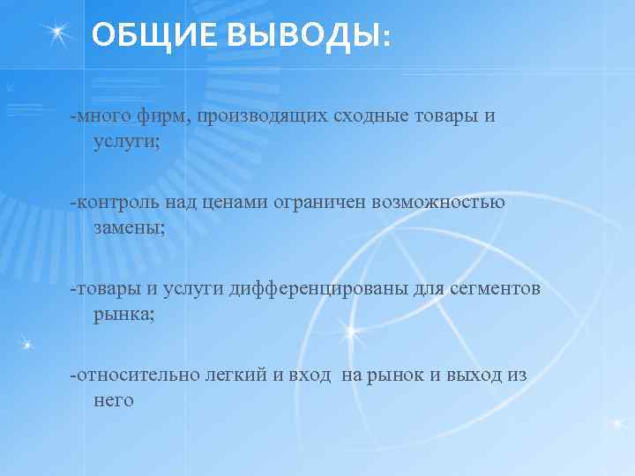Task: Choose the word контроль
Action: coord(117,202)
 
